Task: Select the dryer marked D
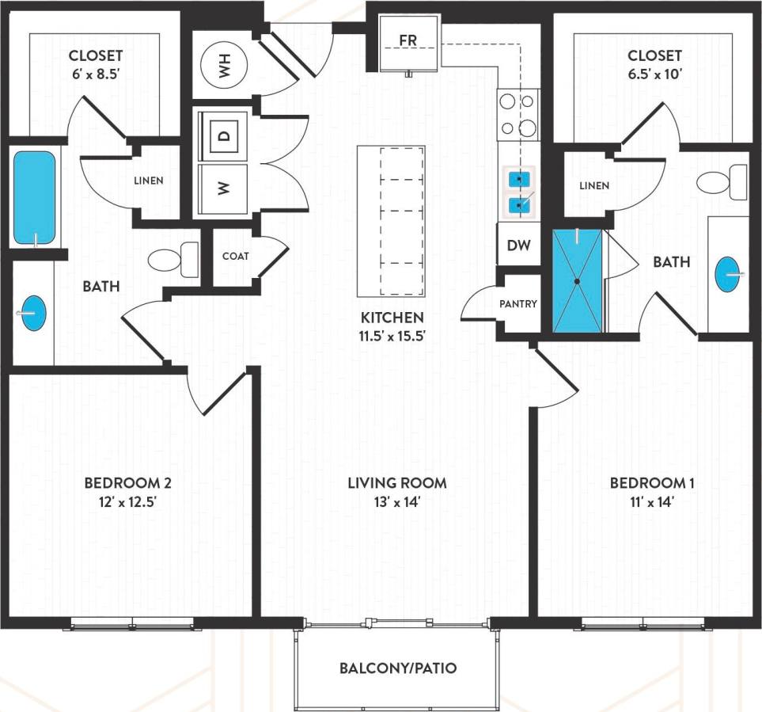[224, 136]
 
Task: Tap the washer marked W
[224, 188]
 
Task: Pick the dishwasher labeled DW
[518, 246]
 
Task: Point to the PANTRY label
[518, 303]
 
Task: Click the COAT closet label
[235, 256]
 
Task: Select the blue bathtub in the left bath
[35, 198]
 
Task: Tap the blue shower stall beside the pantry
[577, 280]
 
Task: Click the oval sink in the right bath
[729, 274]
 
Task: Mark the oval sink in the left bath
[33, 313]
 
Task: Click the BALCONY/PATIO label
[398, 668]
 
